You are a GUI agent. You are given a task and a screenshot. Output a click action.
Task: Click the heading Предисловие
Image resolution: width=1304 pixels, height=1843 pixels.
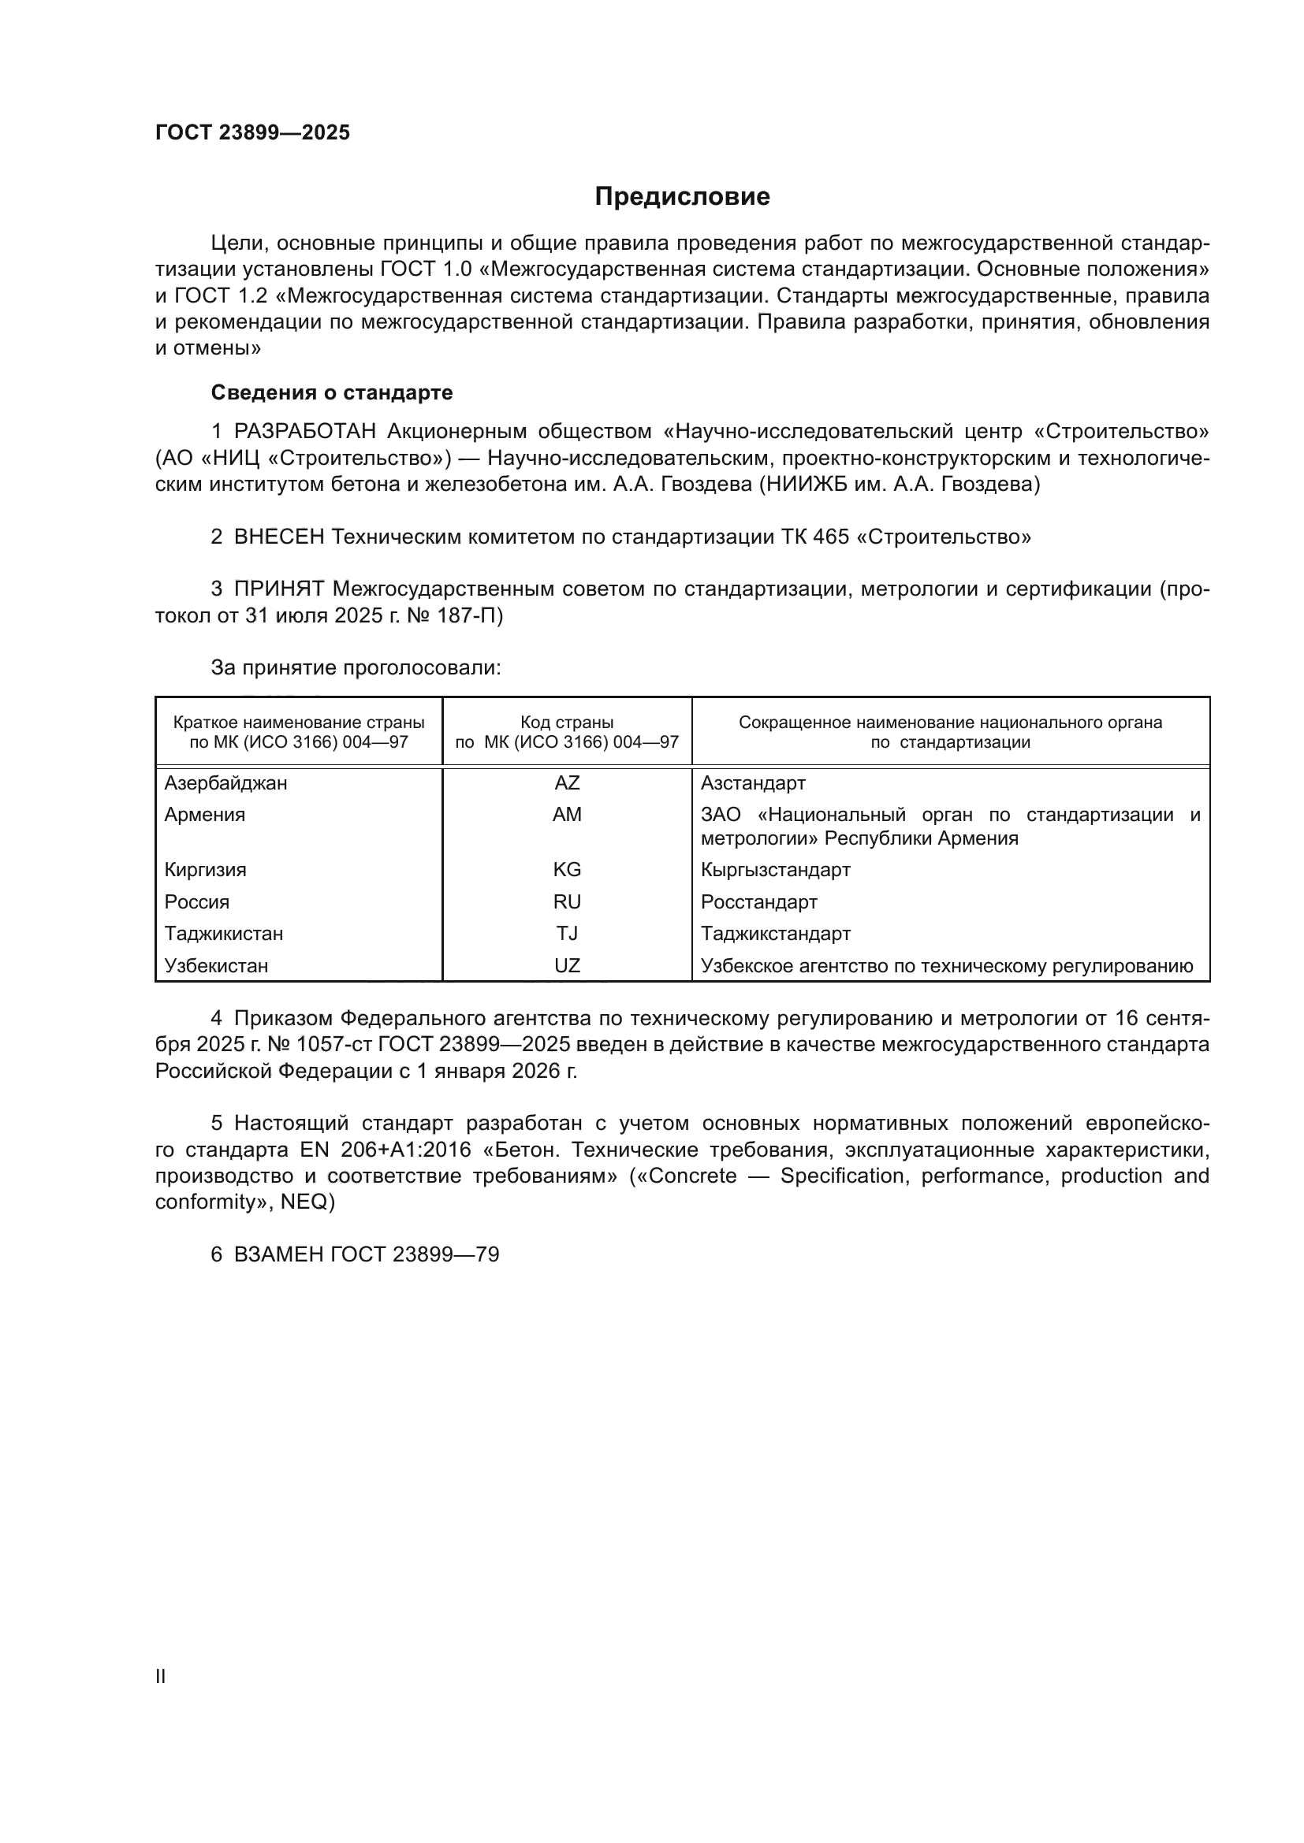pos(682,197)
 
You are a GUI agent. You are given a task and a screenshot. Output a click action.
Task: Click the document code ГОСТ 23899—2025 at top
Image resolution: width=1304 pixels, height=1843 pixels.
pos(253,132)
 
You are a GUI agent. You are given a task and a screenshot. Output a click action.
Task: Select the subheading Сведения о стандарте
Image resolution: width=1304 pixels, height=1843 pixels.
pos(332,392)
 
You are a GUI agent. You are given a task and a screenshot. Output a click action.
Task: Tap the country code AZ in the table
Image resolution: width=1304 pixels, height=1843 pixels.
pos(567,782)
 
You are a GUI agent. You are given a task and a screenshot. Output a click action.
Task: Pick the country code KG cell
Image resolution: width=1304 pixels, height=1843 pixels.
pos(567,869)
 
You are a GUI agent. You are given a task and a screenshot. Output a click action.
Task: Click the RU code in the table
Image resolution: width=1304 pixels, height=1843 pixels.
pos(567,901)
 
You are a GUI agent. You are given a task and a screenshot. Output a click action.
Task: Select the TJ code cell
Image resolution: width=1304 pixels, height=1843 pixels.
pos(567,934)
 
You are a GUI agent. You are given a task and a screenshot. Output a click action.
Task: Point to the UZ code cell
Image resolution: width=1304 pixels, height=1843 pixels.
pos(567,966)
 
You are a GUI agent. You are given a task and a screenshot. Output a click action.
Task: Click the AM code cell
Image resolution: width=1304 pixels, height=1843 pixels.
pos(567,815)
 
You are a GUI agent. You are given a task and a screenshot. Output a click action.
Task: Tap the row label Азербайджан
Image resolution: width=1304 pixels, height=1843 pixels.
pos(225,782)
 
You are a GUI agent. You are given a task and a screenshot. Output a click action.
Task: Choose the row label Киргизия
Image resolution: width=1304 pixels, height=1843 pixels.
pos(206,869)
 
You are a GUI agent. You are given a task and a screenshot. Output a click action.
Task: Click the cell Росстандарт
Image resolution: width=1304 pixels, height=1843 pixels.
pos(758,901)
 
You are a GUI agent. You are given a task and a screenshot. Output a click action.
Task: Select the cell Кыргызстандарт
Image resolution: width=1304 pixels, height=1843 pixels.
pos(776,869)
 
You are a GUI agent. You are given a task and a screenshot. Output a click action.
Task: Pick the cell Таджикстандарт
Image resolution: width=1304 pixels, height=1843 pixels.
pos(776,934)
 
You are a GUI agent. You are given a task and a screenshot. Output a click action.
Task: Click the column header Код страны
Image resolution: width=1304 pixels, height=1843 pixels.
pos(567,723)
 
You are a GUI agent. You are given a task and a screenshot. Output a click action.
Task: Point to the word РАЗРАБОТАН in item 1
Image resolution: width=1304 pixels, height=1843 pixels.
pos(305,432)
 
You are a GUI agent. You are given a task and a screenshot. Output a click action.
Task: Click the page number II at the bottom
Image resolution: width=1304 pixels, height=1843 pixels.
pos(161,1676)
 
